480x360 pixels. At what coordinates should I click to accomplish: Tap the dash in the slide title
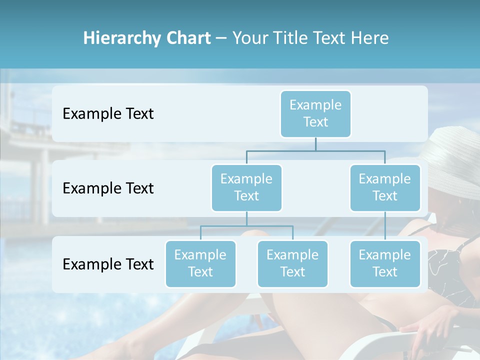point(221,38)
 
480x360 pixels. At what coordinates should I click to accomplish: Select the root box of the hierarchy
point(315,113)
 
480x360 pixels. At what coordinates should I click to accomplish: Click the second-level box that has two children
point(246,187)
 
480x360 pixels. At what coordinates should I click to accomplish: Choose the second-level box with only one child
point(385,187)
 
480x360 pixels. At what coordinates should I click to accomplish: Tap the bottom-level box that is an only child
point(385,263)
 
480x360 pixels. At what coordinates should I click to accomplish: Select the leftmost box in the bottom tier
point(200,263)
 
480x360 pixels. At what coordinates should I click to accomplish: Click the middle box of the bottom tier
point(292,263)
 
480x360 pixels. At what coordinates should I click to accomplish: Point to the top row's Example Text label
point(108,113)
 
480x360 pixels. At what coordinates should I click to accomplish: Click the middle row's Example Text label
point(108,188)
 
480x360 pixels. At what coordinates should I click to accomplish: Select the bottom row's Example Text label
point(108,264)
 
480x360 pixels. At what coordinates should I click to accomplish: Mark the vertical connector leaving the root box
point(315,144)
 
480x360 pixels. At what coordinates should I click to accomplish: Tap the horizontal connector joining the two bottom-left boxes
point(246,226)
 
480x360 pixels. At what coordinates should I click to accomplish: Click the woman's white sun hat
point(452,155)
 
